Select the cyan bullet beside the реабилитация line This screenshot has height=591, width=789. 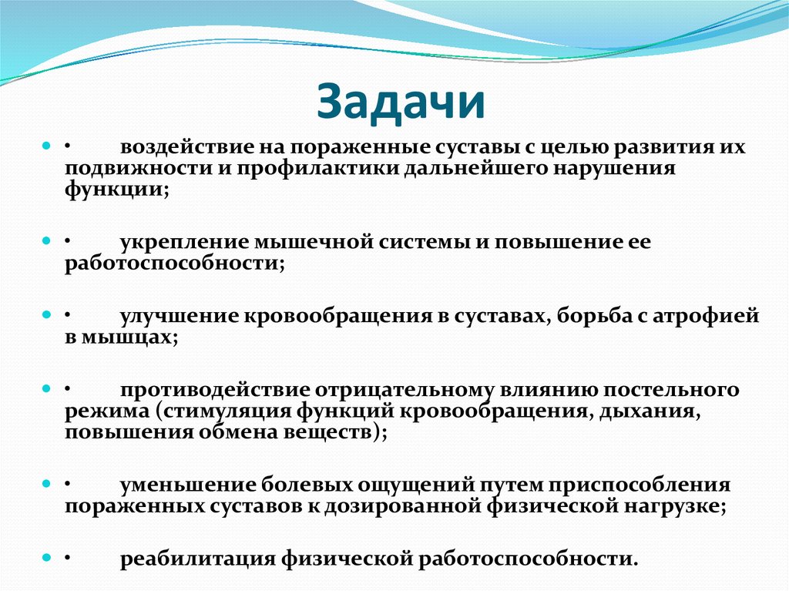pyautogui.click(x=47, y=556)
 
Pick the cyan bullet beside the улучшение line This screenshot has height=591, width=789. pyautogui.click(x=47, y=314)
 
